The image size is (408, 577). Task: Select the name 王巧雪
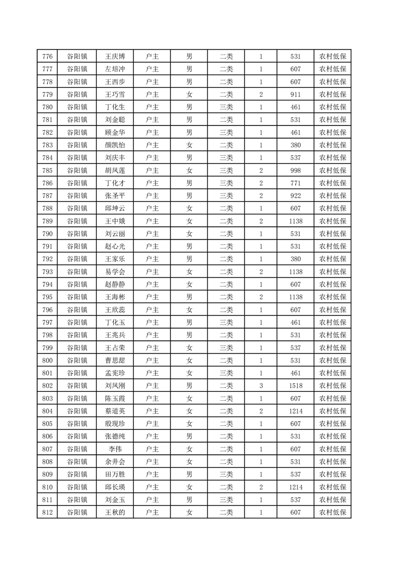[115, 95]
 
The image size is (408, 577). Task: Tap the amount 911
[295, 95]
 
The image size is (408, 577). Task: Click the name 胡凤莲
[115, 170]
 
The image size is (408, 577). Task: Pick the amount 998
[295, 170]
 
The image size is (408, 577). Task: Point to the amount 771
[295, 183]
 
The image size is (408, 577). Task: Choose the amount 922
[295, 195]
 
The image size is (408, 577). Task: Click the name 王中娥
[115, 221]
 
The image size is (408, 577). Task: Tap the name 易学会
[115, 272]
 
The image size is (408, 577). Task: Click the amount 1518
[295, 386]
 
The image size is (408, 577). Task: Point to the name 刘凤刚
[115, 386]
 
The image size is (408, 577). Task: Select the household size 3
[261, 386]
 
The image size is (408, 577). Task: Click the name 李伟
[115, 449]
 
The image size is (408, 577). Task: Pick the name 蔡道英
[115, 411]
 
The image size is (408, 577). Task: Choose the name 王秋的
[115, 512]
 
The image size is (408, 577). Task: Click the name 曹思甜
[115, 360]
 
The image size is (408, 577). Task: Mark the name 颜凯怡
[115, 145]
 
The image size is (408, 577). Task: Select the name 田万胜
[115, 474]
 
